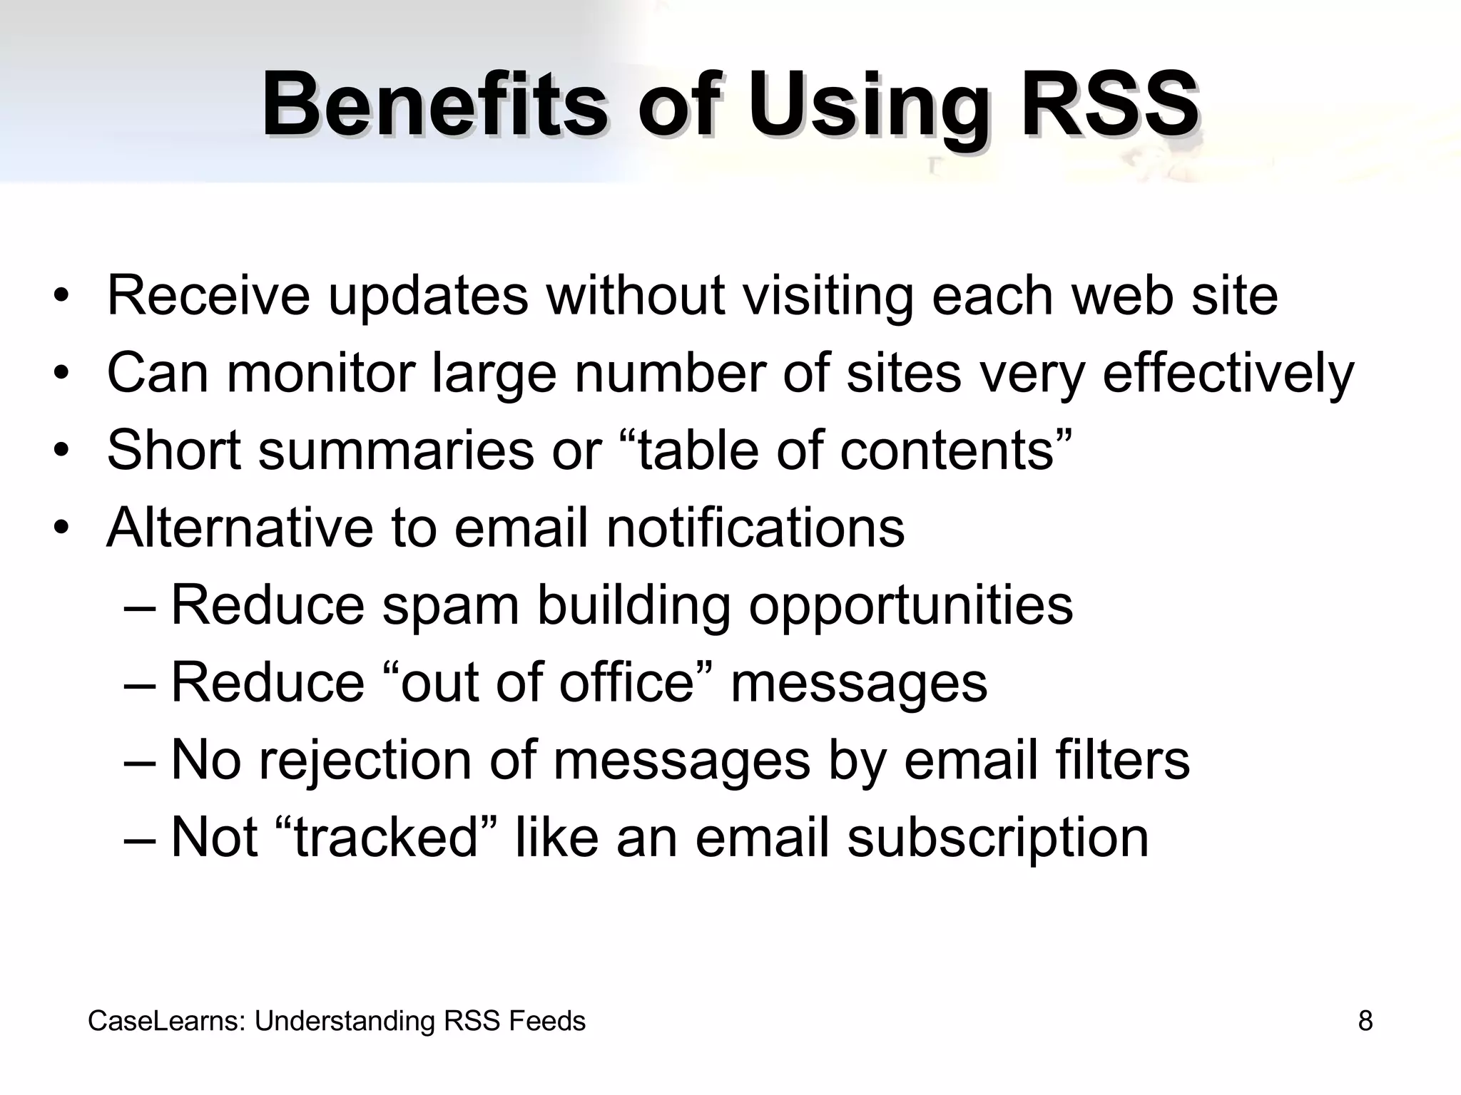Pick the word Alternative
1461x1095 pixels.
coord(240,528)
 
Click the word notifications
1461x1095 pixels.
coord(755,528)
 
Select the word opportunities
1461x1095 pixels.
coord(910,606)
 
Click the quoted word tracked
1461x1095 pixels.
coord(385,837)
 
